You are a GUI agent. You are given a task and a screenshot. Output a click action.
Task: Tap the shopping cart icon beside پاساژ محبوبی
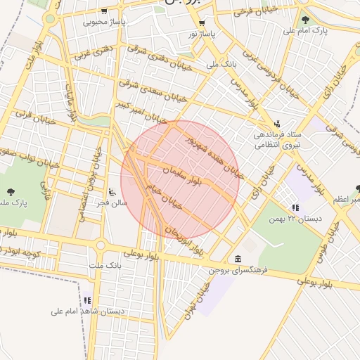(104, 11)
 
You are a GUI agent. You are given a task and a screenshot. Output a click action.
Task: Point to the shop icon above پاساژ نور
(202, 22)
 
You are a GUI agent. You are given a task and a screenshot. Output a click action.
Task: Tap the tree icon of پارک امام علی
(304, 19)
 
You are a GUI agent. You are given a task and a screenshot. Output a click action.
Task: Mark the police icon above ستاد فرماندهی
(277, 122)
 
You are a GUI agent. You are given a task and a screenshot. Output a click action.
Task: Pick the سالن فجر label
(114, 202)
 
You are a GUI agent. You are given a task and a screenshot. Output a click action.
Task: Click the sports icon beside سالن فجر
(112, 191)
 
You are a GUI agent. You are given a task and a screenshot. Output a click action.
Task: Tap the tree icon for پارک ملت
(11, 192)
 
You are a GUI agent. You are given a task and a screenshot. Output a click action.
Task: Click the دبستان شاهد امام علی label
(88, 310)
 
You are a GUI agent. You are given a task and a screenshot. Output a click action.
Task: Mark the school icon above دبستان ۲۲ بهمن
(295, 207)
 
